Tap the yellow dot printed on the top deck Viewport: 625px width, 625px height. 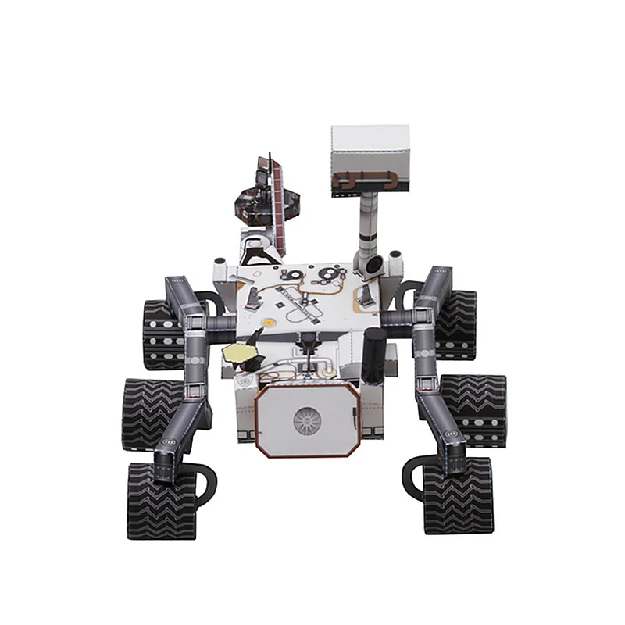click(269, 320)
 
